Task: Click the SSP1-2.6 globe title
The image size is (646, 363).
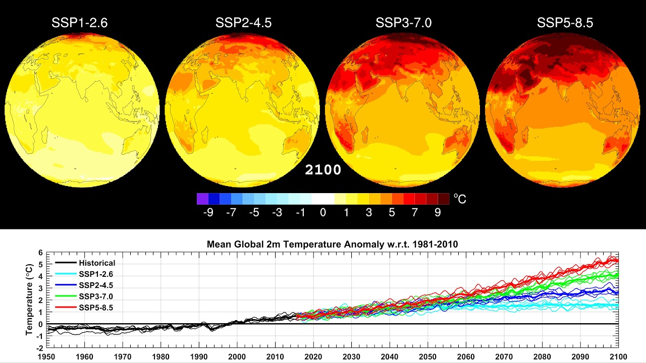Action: coord(79,23)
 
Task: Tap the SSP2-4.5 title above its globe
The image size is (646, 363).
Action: coord(243,23)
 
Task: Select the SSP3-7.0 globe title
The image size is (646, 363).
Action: coord(403,23)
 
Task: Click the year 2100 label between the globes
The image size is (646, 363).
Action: coord(323,170)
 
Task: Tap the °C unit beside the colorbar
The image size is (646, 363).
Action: coord(460,199)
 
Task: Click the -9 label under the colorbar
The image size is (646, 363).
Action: coord(208,212)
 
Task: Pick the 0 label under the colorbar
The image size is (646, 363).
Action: coord(323,212)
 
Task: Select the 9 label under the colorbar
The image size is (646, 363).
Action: coord(438,212)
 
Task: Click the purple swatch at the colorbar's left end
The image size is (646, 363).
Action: coord(202,199)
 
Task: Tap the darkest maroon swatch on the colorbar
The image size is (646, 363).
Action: coord(443,199)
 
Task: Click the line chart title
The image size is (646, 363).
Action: coord(332,245)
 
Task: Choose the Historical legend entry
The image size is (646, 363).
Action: coord(96,263)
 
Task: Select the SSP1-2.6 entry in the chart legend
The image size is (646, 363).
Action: coord(96,274)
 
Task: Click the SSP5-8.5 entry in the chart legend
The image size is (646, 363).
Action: coord(96,307)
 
